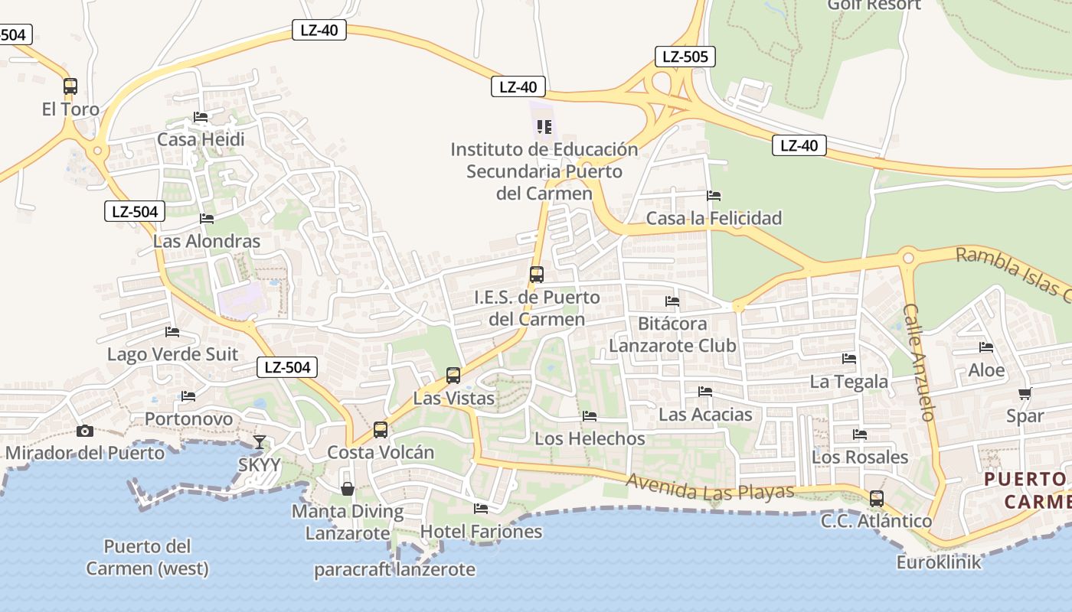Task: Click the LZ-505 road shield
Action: tap(685, 56)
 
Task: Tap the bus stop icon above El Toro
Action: tap(70, 86)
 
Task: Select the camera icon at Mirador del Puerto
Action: tap(85, 431)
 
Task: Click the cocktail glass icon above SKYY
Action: tap(260, 441)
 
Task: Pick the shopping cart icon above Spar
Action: tap(1025, 394)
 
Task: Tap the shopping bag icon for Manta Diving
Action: tap(348, 488)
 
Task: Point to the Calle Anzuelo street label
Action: tap(920, 363)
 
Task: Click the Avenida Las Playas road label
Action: tap(710, 487)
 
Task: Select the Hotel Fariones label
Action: tap(481, 531)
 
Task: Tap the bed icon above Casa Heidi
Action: tap(201, 117)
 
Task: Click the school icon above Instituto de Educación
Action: tap(544, 126)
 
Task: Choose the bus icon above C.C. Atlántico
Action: tap(876, 499)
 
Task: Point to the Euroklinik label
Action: tap(939, 562)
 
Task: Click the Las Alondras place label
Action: tap(207, 241)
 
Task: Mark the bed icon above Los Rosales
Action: tap(860, 435)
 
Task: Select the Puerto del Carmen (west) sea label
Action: tap(147, 558)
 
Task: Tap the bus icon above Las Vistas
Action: tap(453, 376)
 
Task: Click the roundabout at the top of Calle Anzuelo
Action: tap(909, 258)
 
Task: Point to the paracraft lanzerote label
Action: tap(394, 570)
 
